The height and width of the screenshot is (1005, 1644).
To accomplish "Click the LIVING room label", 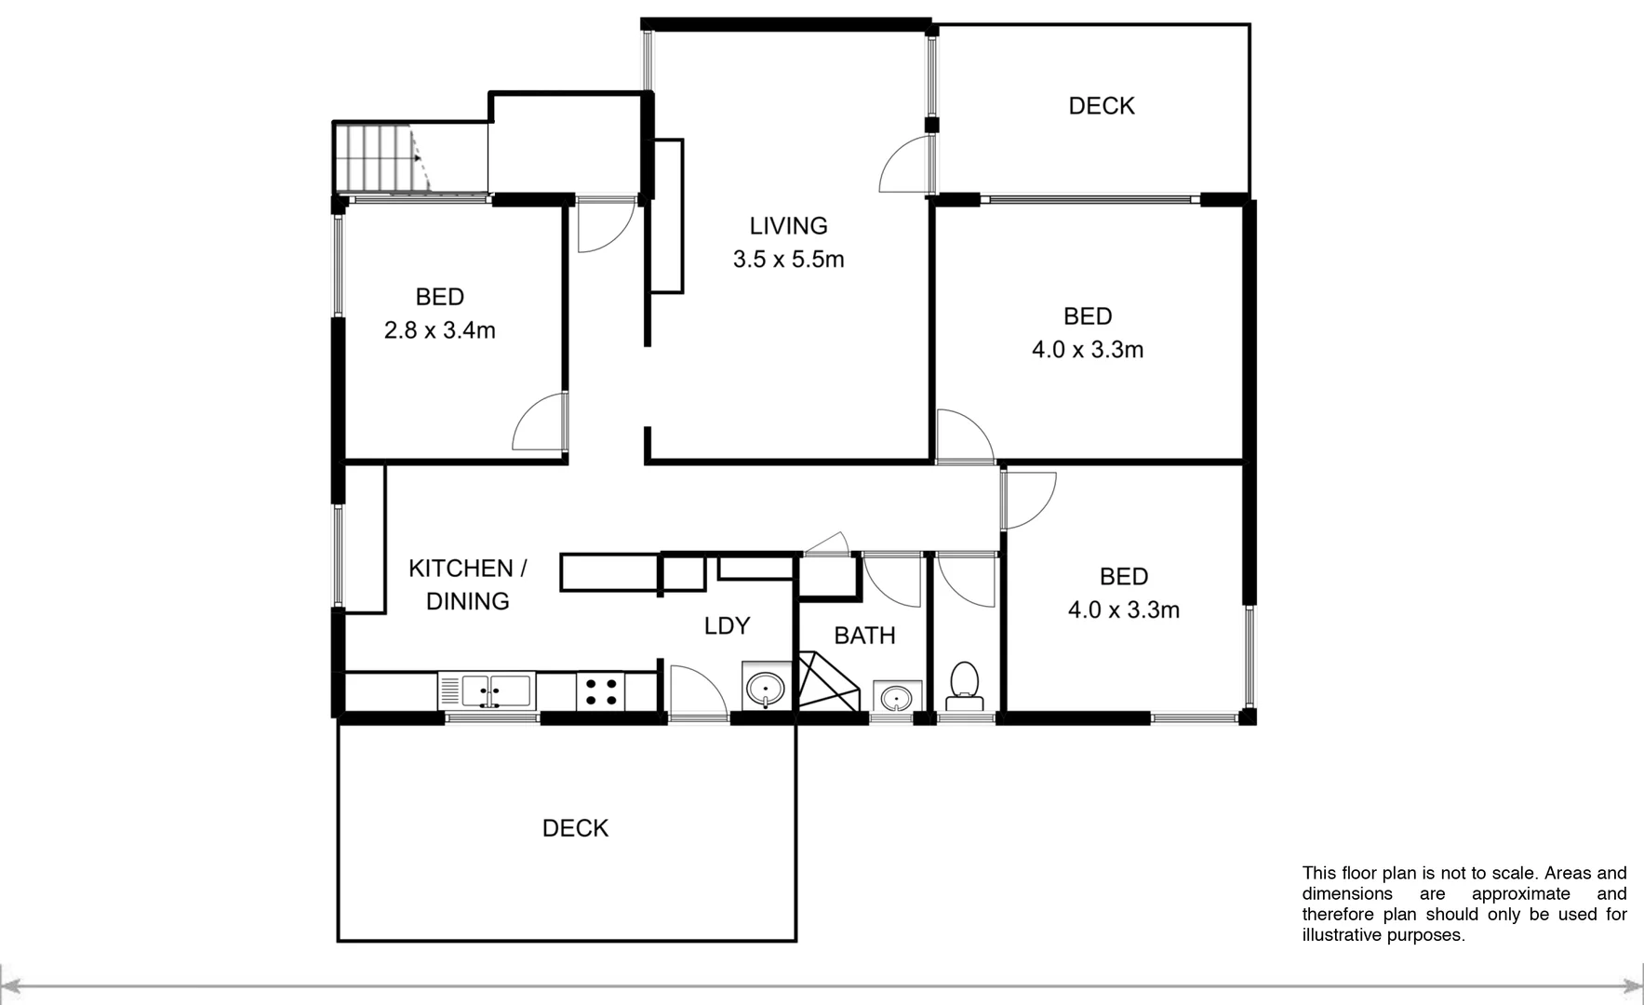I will coord(788,226).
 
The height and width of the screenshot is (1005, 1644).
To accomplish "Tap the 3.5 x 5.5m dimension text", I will coord(788,260).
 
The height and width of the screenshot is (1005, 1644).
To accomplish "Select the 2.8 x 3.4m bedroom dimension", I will coord(439,330).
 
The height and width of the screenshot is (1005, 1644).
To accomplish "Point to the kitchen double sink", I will coord(485,691).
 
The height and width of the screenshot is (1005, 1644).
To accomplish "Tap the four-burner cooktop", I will coord(600,691).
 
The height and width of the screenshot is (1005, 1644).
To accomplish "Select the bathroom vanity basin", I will coord(897,696).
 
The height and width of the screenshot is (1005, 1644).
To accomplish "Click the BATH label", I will coord(864,636).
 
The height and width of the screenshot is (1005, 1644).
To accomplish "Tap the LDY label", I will coord(727,626).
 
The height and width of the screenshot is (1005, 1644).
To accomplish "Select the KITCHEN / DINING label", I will coord(467,584).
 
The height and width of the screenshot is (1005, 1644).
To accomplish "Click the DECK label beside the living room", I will coord(1101,106).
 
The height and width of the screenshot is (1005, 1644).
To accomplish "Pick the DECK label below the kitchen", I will coord(575,828).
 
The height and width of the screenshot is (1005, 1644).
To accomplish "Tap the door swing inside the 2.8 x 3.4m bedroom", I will coord(541,423).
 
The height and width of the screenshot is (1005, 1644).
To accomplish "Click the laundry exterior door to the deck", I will coord(697,692).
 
